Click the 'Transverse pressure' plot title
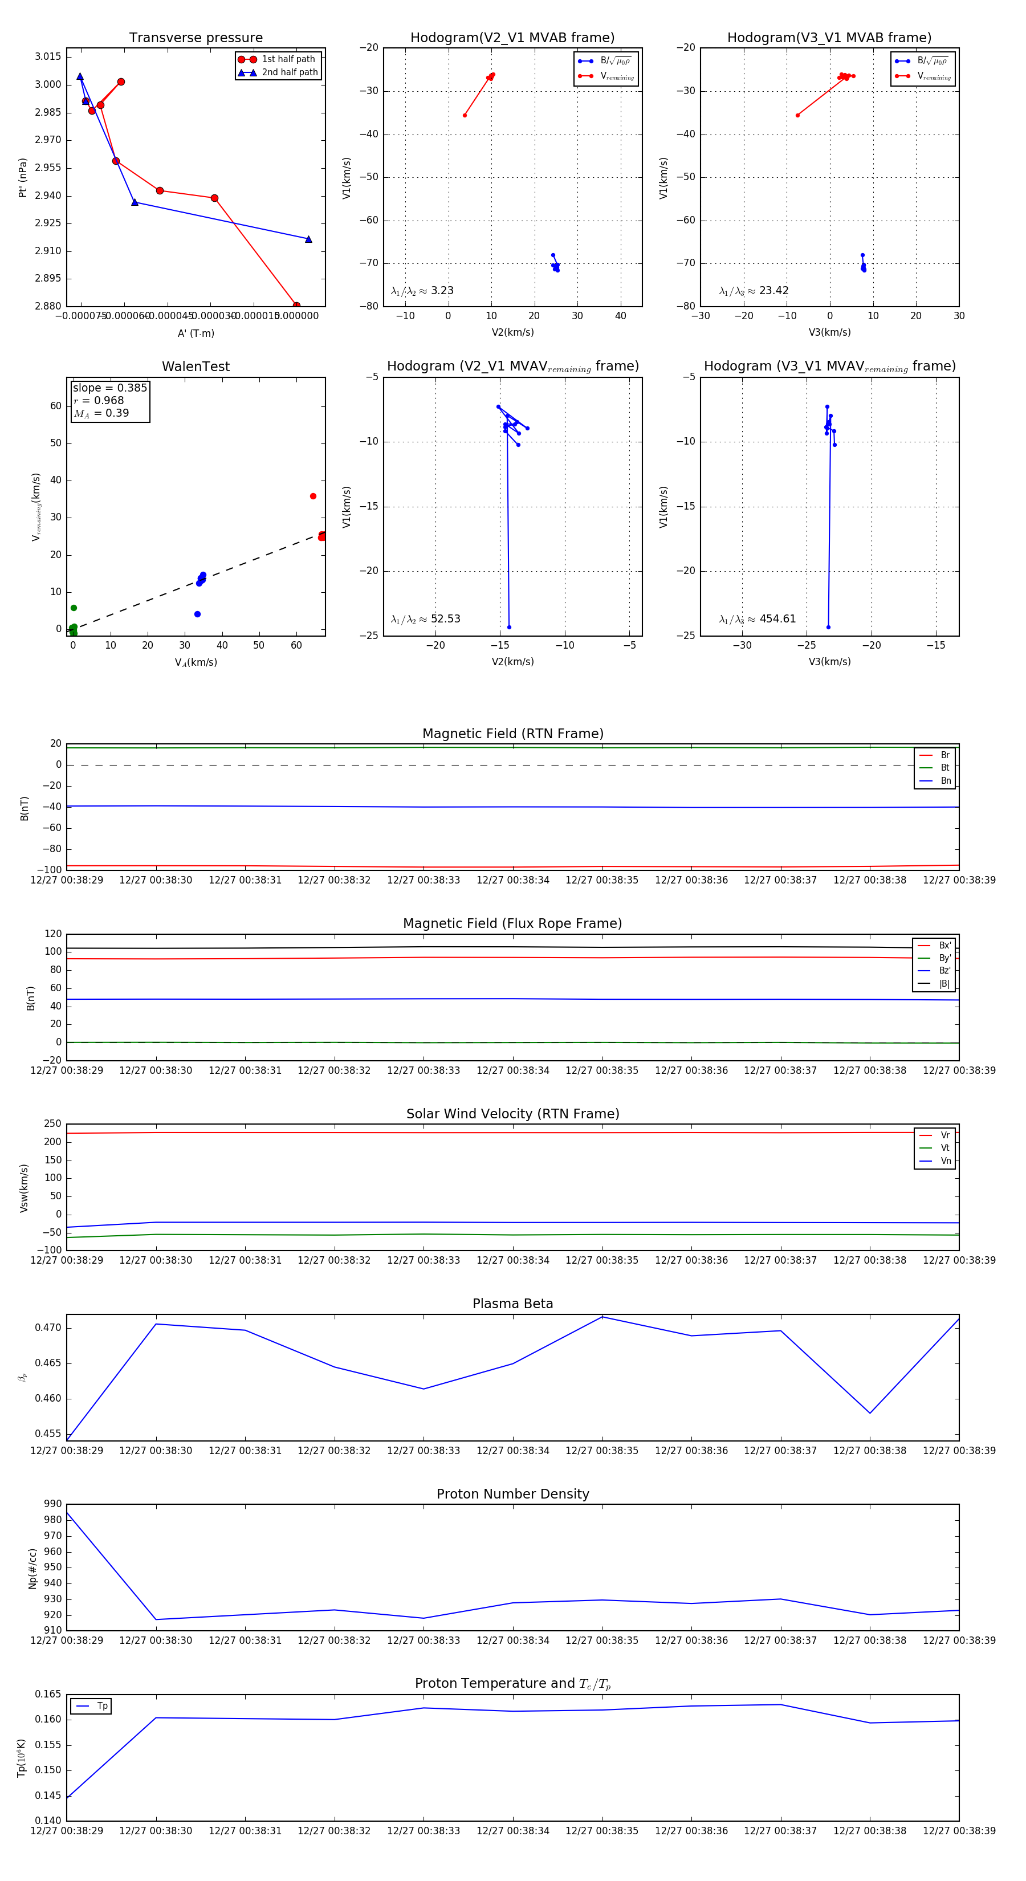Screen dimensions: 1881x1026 [x=196, y=38]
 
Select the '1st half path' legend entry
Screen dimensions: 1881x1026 [x=288, y=59]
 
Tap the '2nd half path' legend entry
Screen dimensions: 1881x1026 [x=289, y=72]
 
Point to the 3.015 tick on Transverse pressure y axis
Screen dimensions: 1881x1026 [x=48, y=57]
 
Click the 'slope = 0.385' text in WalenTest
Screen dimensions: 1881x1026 [x=109, y=388]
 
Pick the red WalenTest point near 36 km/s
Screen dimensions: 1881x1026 [x=313, y=496]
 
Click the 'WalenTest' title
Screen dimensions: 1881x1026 [x=196, y=367]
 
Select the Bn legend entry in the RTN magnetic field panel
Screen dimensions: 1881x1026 [x=945, y=780]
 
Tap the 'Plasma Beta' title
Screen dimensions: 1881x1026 [x=512, y=1304]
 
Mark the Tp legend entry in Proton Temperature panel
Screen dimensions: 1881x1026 [x=102, y=1706]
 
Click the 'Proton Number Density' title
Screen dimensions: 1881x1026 [x=512, y=1493]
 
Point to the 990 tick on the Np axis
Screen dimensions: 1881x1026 [x=52, y=1504]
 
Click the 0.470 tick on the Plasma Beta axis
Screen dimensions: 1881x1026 [x=48, y=1328]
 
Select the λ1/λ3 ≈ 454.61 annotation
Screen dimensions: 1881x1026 [x=758, y=619]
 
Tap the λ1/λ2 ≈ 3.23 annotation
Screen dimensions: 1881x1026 [x=422, y=291]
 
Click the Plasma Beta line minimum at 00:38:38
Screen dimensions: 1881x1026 [x=870, y=1413]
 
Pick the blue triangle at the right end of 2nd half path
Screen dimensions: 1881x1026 [x=308, y=239]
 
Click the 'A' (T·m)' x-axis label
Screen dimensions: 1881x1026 [x=196, y=333]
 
